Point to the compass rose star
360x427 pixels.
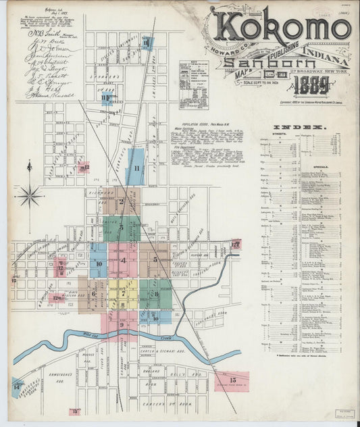[29, 197]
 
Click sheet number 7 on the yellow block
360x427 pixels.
[124, 294]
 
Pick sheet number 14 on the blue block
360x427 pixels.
[17, 387]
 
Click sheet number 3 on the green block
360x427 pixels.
[122, 228]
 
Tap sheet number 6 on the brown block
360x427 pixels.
[93, 293]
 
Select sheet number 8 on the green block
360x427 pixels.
[156, 293]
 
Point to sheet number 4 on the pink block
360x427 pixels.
[124, 260]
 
